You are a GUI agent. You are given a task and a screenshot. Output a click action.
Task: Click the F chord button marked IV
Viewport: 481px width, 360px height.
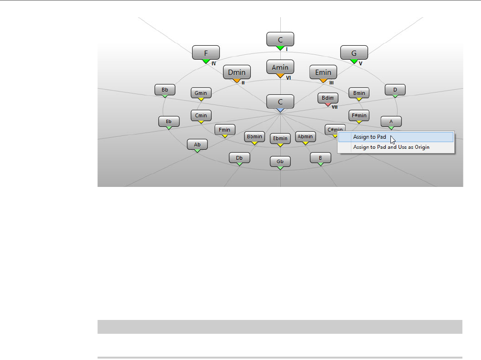click(x=206, y=52)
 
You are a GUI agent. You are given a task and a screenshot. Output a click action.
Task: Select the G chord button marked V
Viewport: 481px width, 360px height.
click(x=354, y=52)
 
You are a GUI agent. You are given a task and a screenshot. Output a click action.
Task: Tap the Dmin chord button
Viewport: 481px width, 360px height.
click(x=236, y=72)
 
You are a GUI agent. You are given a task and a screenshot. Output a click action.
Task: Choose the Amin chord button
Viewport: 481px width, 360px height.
click(x=280, y=67)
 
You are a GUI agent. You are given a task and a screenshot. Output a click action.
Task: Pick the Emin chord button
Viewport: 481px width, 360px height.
click(x=323, y=72)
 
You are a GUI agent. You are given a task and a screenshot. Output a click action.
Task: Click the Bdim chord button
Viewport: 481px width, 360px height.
click(x=328, y=98)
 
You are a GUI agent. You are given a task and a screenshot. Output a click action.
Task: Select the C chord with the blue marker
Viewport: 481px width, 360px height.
click(x=280, y=102)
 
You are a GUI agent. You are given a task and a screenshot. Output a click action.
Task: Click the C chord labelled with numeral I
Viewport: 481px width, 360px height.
click(x=280, y=39)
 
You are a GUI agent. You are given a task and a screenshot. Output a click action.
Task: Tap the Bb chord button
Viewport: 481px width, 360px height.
click(x=165, y=89)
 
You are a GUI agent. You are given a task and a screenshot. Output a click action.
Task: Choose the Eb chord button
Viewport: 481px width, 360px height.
click(x=169, y=122)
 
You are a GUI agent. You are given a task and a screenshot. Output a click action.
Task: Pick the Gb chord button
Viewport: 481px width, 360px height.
click(x=280, y=162)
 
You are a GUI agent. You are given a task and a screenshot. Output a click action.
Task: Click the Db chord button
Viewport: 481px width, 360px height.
click(x=239, y=158)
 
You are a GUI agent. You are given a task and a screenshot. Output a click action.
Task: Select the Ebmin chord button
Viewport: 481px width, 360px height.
click(x=280, y=139)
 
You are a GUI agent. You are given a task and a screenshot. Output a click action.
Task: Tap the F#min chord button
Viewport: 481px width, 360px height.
click(x=358, y=115)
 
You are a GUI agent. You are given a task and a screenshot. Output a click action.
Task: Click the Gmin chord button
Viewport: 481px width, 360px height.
click(x=201, y=93)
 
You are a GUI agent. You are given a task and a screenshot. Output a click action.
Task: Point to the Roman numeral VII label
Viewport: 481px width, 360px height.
click(x=335, y=107)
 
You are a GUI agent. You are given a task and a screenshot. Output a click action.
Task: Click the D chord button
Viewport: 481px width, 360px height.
click(x=395, y=89)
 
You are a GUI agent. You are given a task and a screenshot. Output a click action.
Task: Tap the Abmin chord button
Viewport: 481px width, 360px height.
click(x=305, y=137)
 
